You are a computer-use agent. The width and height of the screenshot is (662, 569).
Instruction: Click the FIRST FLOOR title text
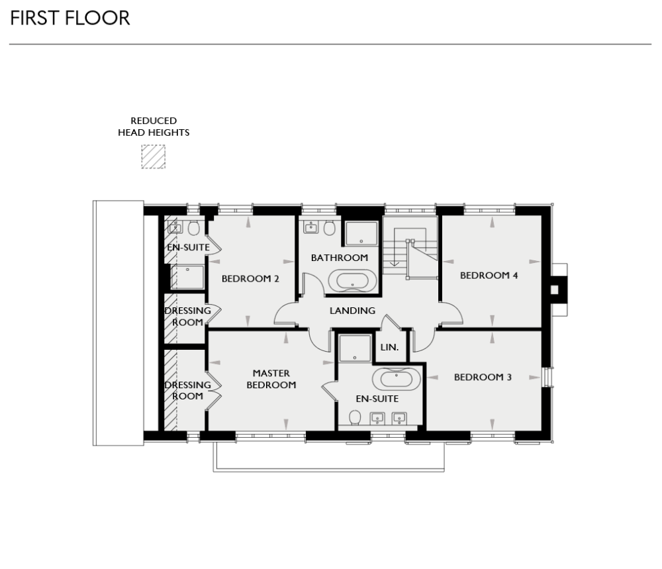click(x=70, y=18)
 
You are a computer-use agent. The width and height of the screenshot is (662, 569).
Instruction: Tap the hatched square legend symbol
click(x=153, y=156)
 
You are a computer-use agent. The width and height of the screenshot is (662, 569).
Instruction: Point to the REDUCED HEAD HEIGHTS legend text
click(x=154, y=127)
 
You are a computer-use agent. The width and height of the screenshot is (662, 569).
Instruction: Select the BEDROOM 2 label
click(x=250, y=279)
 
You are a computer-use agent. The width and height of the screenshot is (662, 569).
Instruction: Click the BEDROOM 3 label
click(x=483, y=378)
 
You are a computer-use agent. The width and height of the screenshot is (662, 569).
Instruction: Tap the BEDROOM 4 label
click(x=489, y=276)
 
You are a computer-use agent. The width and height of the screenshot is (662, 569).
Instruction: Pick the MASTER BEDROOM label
click(x=271, y=379)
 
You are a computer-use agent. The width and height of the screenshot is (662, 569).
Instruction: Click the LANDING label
click(x=352, y=311)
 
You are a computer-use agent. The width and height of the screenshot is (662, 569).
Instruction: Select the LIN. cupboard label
click(x=389, y=348)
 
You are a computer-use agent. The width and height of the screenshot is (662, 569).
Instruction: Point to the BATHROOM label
click(x=339, y=258)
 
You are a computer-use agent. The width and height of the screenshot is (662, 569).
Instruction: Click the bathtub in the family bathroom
click(x=353, y=281)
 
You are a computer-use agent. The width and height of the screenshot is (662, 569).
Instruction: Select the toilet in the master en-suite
click(x=355, y=417)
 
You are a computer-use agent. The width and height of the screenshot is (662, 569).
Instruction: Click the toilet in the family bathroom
click(x=329, y=229)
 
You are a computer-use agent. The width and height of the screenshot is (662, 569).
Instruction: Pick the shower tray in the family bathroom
click(x=361, y=234)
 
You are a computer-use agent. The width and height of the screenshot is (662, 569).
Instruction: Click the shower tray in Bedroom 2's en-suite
click(x=187, y=276)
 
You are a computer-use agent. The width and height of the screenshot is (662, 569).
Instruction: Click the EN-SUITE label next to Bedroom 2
click(x=187, y=248)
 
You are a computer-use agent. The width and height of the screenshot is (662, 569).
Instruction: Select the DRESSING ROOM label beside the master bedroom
click(x=187, y=390)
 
